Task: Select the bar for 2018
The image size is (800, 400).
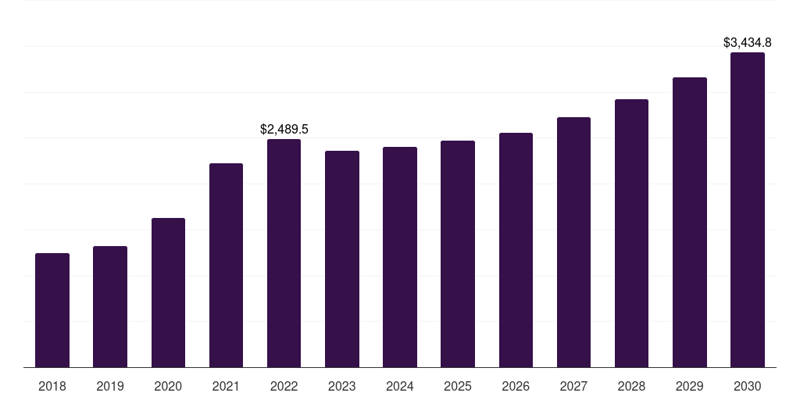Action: (x=52, y=310)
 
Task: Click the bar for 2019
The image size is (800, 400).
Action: (x=110, y=307)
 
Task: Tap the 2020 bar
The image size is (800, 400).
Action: (x=168, y=293)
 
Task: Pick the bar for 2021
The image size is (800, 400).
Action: (x=226, y=266)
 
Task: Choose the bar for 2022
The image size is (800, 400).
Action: (x=284, y=253)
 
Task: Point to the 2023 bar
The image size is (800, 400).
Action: (x=342, y=259)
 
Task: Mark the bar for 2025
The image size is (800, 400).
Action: (x=458, y=254)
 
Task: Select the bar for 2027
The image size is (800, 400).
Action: (x=573, y=242)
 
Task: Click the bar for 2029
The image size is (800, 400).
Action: (x=690, y=223)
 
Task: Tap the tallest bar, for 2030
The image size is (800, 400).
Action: (x=748, y=210)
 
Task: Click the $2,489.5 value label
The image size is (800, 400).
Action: (x=284, y=129)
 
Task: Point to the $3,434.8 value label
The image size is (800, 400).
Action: (x=748, y=42)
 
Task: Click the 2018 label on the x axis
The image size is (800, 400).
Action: (x=52, y=386)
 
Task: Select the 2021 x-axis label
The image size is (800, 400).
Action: (x=226, y=386)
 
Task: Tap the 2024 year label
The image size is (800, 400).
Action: (x=400, y=386)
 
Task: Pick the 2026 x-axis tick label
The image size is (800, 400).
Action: (x=516, y=386)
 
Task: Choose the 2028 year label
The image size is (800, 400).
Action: (x=631, y=386)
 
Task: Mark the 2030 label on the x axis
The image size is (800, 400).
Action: (x=748, y=386)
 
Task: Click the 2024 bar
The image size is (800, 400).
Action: (x=400, y=257)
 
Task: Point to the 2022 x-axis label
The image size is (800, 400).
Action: (x=284, y=386)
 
